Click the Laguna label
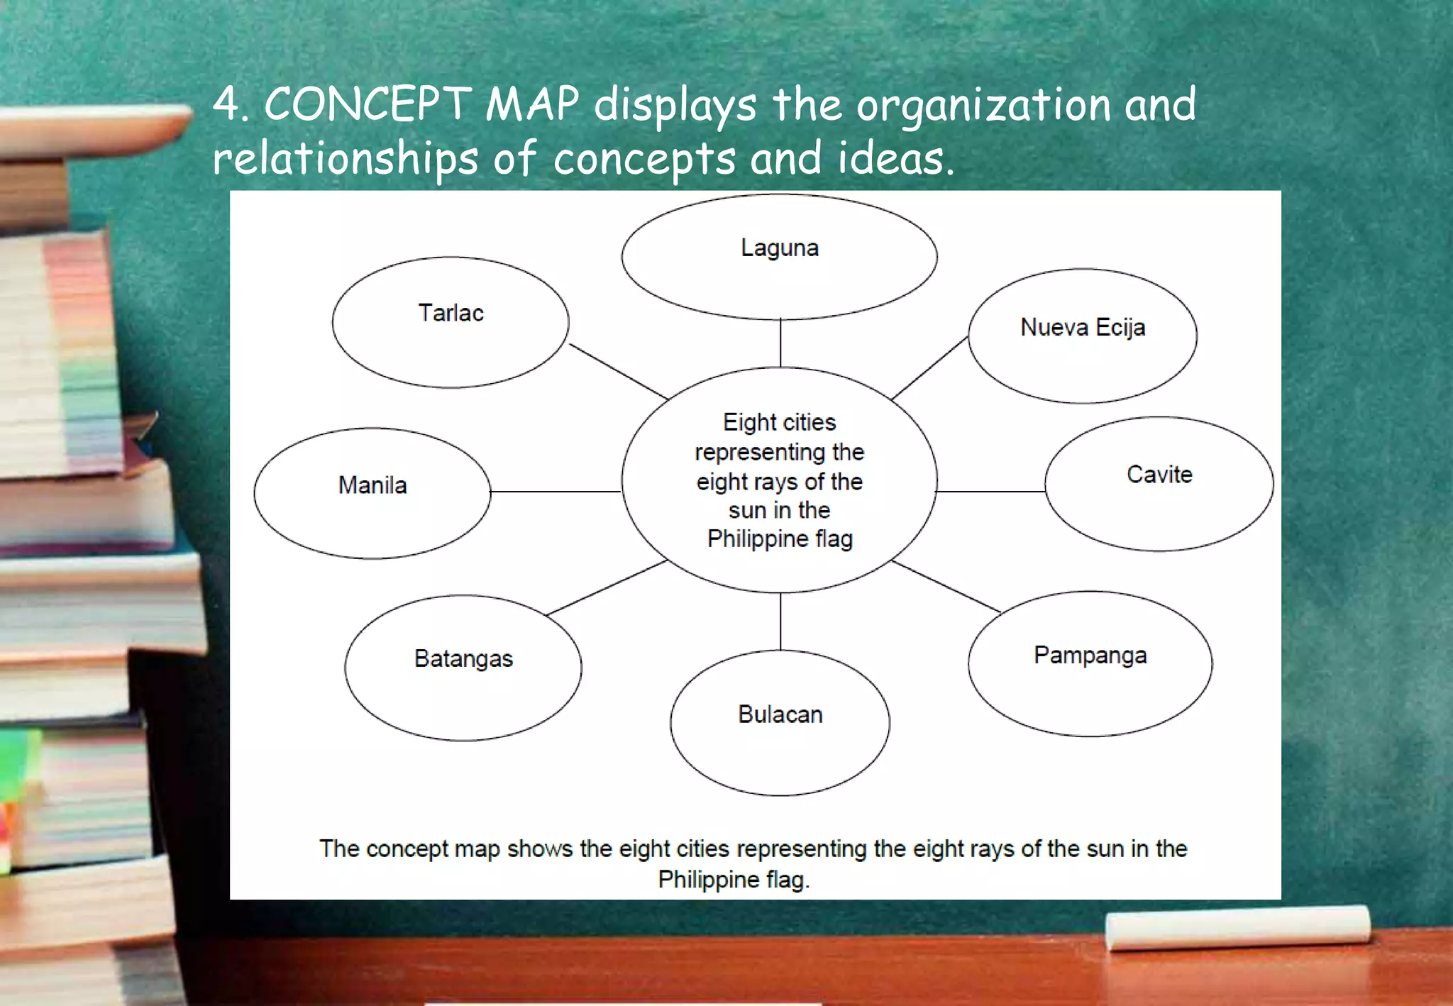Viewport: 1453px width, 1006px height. click(x=780, y=248)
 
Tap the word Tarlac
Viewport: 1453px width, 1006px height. click(x=451, y=313)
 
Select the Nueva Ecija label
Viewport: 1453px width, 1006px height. click(x=1083, y=327)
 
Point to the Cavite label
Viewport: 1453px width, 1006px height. click(x=1159, y=474)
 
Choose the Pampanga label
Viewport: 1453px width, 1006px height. click(x=1090, y=655)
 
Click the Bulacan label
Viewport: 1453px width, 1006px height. click(x=780, y=714)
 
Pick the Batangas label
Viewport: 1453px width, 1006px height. click(x=463, y=658)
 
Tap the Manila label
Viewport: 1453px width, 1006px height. click(x=372, y=485)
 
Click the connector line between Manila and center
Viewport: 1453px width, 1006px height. click(x=556, y=491)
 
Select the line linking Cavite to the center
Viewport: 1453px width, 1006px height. click(x=990, y=491)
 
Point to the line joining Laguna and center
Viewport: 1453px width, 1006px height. click(x=780, y=343)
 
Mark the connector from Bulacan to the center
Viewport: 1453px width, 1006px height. click(x=780, y=621)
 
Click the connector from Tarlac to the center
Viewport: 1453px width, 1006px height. click(x=618, y=371)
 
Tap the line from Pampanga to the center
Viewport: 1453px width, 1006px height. click(x=946, y=587)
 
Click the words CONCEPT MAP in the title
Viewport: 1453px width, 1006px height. click(x=421, y=104)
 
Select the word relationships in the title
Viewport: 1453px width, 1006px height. click(x=346, y=158)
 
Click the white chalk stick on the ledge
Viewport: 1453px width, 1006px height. click(x=1237, y=927)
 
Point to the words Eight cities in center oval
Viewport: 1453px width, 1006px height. click(x=779, y=422)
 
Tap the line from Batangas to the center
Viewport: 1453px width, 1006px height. click(x=607, y=587)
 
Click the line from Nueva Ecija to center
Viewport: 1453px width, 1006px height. click(x=929, y=367)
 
